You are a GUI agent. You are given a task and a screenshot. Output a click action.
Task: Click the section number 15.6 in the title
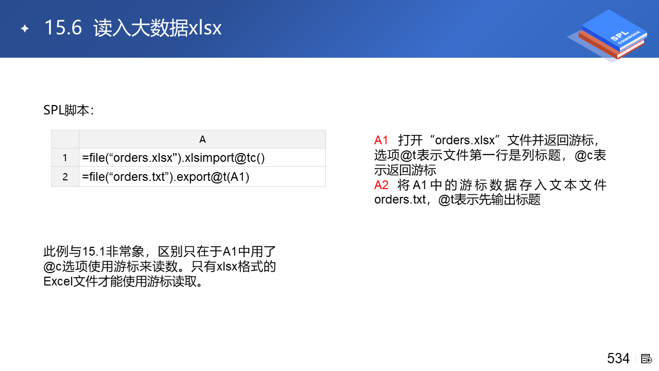[63, 28]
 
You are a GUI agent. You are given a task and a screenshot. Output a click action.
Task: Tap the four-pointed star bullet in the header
[25, 28]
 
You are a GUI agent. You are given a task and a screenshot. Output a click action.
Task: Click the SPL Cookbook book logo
[609, 36]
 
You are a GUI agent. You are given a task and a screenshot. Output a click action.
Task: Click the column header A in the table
[202, 139]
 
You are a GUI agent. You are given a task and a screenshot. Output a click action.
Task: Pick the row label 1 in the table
[65, 158]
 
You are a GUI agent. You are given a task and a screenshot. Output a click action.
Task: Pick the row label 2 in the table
[65, 177]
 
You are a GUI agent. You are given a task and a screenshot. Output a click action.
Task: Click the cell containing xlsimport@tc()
[202, 158]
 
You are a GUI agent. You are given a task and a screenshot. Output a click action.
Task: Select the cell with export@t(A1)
[202, 177]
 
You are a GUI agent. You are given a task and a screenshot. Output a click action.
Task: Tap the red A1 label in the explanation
[381, 141]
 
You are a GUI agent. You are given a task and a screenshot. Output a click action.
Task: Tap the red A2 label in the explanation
[381, 185]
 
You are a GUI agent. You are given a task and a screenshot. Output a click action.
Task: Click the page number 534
[618, 358]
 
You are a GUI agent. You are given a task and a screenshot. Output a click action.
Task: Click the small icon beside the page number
[646, 359]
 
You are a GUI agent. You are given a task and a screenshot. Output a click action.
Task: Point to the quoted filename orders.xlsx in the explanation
[465, 141]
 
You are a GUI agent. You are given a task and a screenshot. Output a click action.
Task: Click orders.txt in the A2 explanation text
[400, 199]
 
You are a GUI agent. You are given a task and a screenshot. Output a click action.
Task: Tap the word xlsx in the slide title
[205, 28]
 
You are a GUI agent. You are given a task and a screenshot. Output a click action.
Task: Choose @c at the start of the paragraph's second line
[53, 267]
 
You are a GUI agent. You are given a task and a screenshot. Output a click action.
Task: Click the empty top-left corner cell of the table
[65, 139]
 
